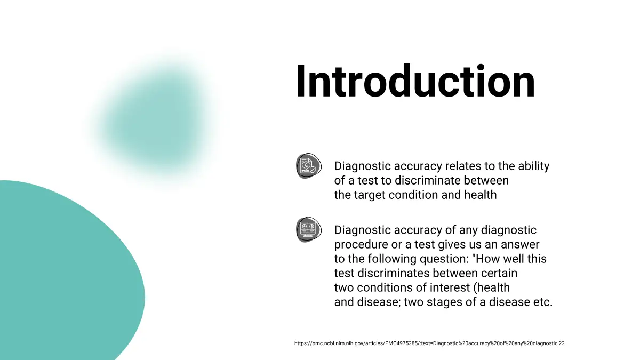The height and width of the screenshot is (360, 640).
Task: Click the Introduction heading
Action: pyautogui.click(x=415, y=82)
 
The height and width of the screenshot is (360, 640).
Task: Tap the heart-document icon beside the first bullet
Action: pyautogui.click(x=309, y=166)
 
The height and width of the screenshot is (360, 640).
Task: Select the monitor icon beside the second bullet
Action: pyautogui.click(x=309, y=230)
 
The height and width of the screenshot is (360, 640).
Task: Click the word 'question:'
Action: pyautogui.click(x=444, y=259)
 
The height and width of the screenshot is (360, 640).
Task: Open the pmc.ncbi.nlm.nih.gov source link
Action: pyautogui.click(x=429, y=343)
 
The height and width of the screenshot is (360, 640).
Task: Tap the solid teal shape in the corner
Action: pyautogui.click(x=66, y=271)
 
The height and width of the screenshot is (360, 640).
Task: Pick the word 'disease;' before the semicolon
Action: pyautogui.click(x=379, y=302)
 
